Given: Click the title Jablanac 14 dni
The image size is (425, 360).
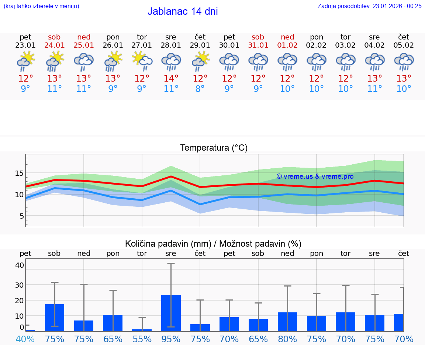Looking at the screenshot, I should coord(183,11).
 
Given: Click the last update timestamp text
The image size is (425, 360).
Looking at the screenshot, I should coord(369,6).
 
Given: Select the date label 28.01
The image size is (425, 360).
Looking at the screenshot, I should coord(171,45).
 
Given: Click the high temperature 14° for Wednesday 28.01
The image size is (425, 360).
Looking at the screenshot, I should coord(171,79).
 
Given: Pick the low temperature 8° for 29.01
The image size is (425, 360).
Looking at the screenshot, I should coord(200,89).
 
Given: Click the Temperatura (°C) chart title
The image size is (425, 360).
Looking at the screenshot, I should coord(214,148).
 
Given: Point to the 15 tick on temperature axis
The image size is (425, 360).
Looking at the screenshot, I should coord(19,173).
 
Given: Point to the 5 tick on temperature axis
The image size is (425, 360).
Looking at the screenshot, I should coord(21,216).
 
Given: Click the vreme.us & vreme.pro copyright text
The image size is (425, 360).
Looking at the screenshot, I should coord(315,176).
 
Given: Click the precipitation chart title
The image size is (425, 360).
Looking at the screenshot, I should coord(213,244).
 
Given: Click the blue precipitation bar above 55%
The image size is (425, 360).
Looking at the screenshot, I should coord(142,330).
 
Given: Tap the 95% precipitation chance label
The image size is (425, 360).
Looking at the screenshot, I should coord(171,339).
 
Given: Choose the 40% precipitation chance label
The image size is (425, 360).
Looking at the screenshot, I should coord(25,339).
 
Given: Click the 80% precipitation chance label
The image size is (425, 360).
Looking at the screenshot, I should coord(287,339).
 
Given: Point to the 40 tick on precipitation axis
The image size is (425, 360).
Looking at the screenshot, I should coord(19,265).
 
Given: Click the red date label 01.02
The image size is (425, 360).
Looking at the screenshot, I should coord(287,45).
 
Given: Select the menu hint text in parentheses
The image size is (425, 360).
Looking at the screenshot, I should coord(41,6).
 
